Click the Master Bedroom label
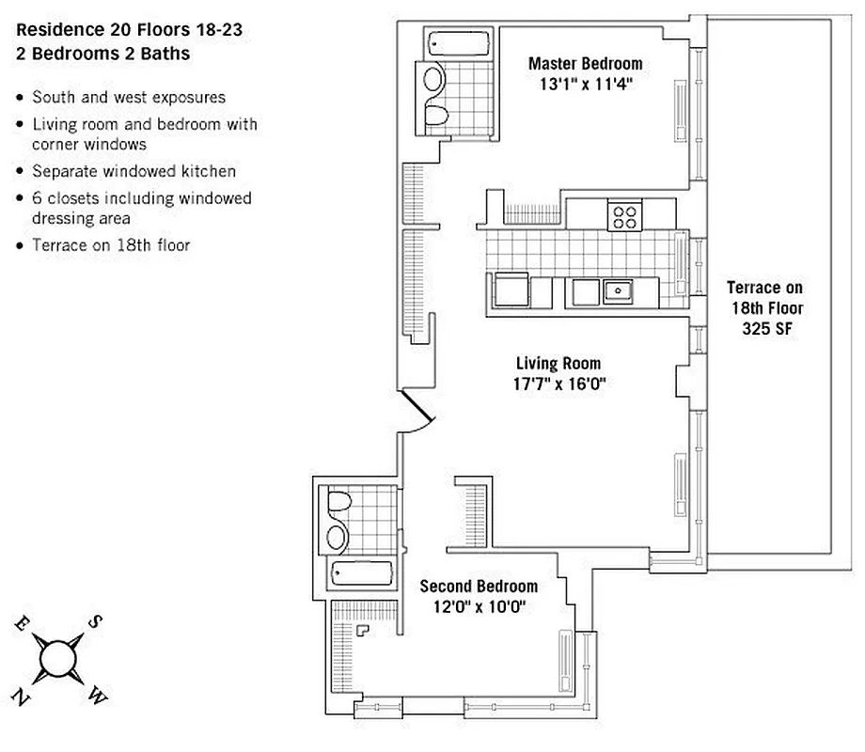coord(585,64)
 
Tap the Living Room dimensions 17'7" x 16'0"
coord(558,383)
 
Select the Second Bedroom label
coord(479,586)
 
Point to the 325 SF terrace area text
coord(766,326)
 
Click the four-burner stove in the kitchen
coord(623,216)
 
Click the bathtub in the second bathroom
coord(359,572)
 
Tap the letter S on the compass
coord(96,621)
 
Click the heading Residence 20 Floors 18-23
coord(129,30)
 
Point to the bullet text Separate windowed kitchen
coord(134,171)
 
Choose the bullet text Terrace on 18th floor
coord(111,246)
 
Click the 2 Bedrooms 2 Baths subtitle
coord(102,54)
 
